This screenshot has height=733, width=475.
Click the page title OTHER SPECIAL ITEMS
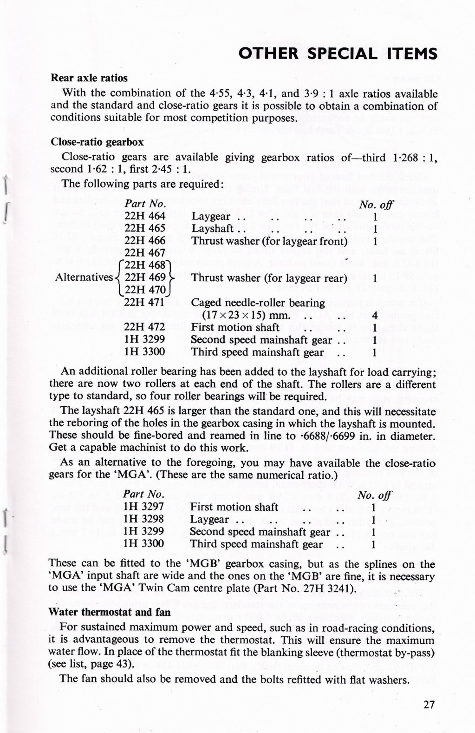coord(337,54)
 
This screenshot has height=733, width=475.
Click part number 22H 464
coord(145,217)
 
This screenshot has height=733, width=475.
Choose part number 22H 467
coord(145,253)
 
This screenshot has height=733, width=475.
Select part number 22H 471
coord(145,303)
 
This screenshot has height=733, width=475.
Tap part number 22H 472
coord(145,327)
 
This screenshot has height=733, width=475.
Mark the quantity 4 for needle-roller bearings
coord(374,316)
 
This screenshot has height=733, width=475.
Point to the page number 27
coord(429,704)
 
